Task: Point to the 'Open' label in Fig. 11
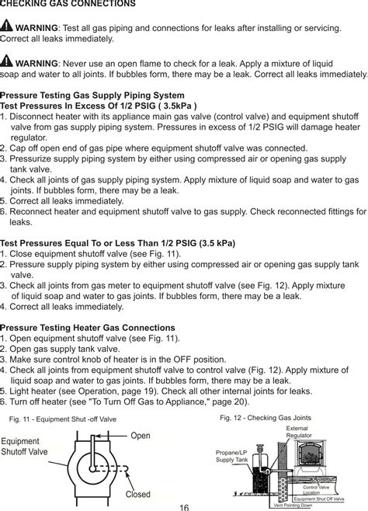141,436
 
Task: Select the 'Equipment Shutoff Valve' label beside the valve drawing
24,447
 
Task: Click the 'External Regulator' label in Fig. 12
298,432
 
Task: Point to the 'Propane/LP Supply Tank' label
231,456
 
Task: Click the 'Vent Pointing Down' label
298,506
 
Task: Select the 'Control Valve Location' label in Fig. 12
317,489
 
